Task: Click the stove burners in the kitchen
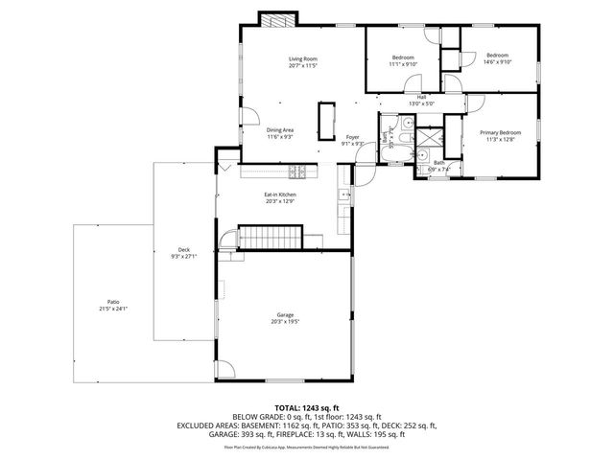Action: pos(298,172)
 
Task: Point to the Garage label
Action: pos(285,318)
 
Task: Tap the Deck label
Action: pos(183,254)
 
